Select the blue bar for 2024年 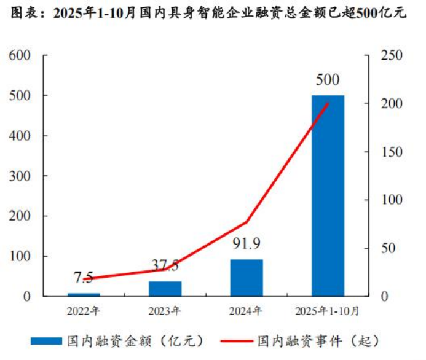point(247,278)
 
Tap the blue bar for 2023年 point(165,289)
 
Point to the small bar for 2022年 point(84,295)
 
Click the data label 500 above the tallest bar point(327,80)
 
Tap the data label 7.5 point(83,278)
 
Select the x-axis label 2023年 point(165,311)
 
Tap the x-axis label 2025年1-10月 point(327,311)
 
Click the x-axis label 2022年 point(84,311)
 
